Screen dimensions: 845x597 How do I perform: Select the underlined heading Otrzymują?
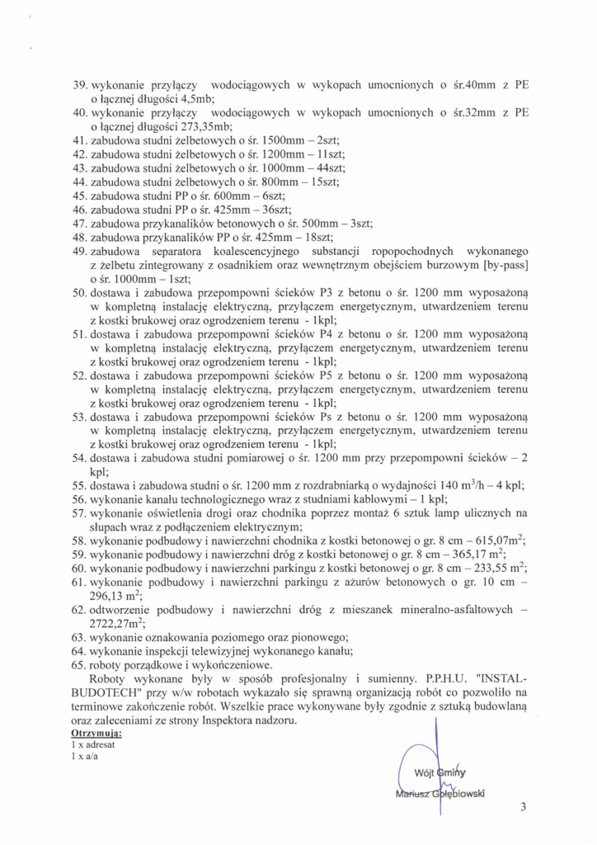click(96, 733)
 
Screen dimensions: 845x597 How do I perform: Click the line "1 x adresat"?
click(93, 744)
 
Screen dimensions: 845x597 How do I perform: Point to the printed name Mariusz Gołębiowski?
click(440, 794)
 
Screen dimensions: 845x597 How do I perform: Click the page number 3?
click(523, 807)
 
